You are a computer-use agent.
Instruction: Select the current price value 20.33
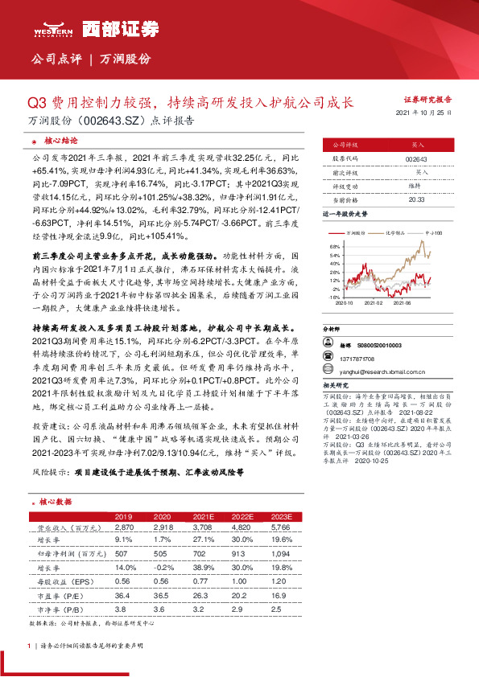pyautogui.click(x=416, y=199)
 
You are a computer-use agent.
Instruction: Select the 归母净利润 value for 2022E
pyautogui.click(x=242, y=554)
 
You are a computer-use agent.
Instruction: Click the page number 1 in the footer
pyautogui.click(x=29, y=646)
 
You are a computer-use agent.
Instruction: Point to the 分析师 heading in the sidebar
pyautogui.click(x=332, y=330)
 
